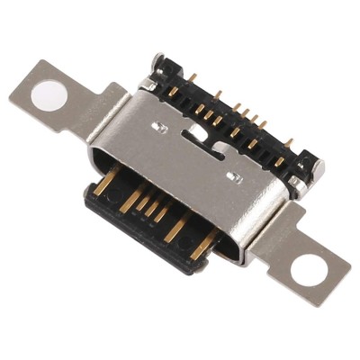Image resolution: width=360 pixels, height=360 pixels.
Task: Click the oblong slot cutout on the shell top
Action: click(x=194, y=133)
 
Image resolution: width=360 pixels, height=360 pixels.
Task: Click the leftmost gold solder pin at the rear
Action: click(x=170, y=74)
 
